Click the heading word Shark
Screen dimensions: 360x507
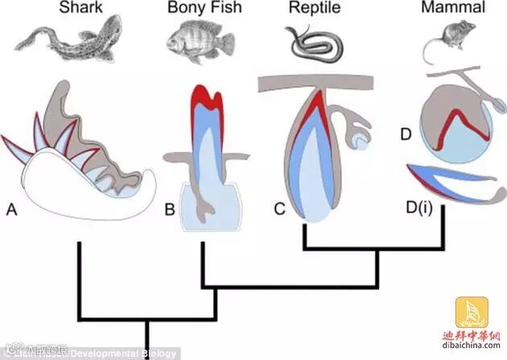point(80,10)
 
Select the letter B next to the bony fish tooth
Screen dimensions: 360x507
point(170,210)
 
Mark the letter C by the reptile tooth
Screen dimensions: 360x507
point(279,210)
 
